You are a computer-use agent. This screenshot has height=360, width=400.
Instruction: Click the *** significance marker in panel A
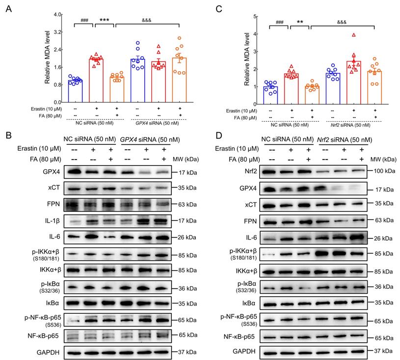pos(104,20)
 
